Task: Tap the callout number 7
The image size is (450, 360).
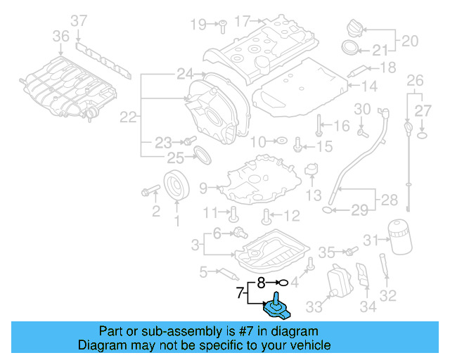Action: pos(240,292)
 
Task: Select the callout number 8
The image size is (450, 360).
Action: pos(260,283)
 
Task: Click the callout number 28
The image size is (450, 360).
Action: pos(388,201)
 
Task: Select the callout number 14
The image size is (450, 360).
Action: pos(370,86)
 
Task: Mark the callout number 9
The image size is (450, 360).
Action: pos(203,188)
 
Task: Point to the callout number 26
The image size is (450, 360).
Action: pos(415,79)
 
